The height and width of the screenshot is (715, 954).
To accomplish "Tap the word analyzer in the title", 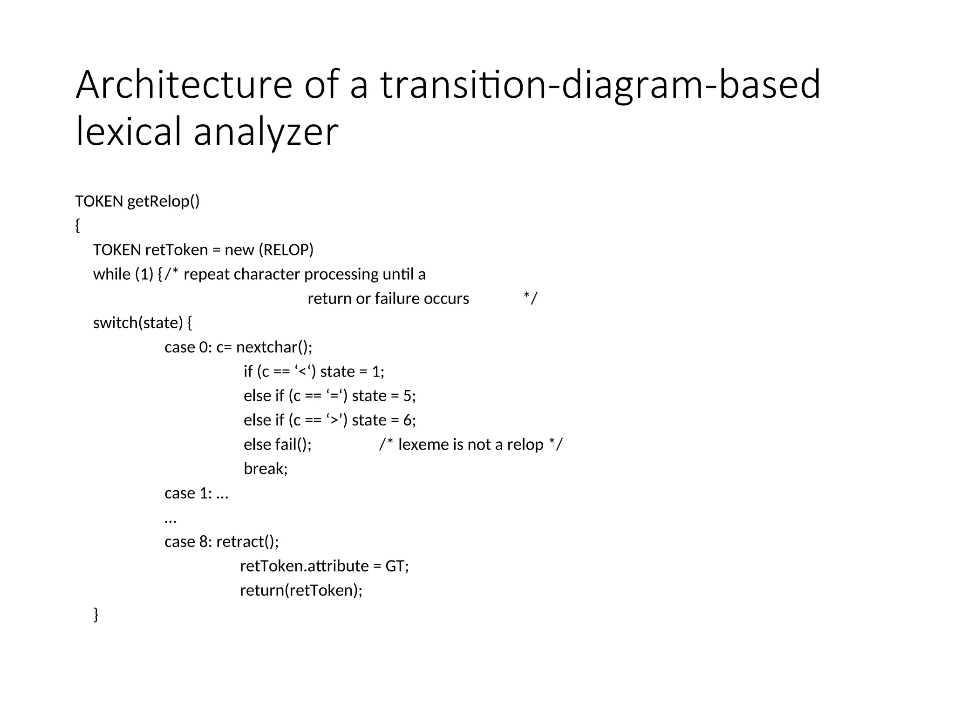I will [x=266, y=132].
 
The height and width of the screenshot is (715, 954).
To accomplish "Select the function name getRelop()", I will [x=163, y=202].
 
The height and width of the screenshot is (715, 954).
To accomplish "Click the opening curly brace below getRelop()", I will [x=78, y=226].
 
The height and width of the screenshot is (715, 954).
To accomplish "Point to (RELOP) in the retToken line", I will [x=288, y=250].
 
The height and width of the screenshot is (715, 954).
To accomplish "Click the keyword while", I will [x=112, y=274].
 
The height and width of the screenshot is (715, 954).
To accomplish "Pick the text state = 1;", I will [x=352, y=371].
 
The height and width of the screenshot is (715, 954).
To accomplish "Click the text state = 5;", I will [x=383, y=396].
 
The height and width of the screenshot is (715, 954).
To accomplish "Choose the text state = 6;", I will [x=383, y=420].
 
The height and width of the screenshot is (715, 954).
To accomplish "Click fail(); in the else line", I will [x=293, y=445].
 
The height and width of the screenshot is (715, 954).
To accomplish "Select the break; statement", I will [x=266, y=469].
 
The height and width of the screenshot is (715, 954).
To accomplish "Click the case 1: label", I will [x=188, y=493].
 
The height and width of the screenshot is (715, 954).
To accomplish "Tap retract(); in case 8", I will [x=247, y=542].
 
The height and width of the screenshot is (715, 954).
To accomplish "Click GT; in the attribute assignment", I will [x=397, y=566].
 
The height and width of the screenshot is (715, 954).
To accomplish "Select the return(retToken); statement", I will [x=301, y=590].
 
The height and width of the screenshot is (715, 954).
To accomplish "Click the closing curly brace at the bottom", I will [x=96, y=614].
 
